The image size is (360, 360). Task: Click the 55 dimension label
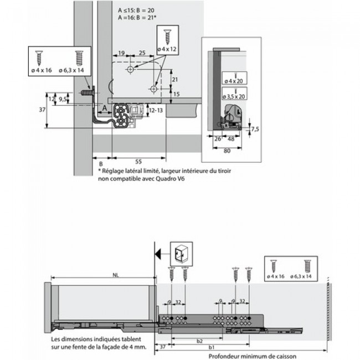click(138, 161)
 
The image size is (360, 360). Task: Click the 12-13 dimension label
click(157, 111)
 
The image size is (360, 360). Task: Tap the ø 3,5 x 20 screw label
click(234, 97)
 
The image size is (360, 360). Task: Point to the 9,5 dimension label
click(64, 100)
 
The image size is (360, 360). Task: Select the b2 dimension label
click(199, 342)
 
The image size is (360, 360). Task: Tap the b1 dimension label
click(212, 348)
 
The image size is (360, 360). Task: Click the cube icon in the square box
click(181, 254)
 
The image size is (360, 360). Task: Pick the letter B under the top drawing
click(101, 165)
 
